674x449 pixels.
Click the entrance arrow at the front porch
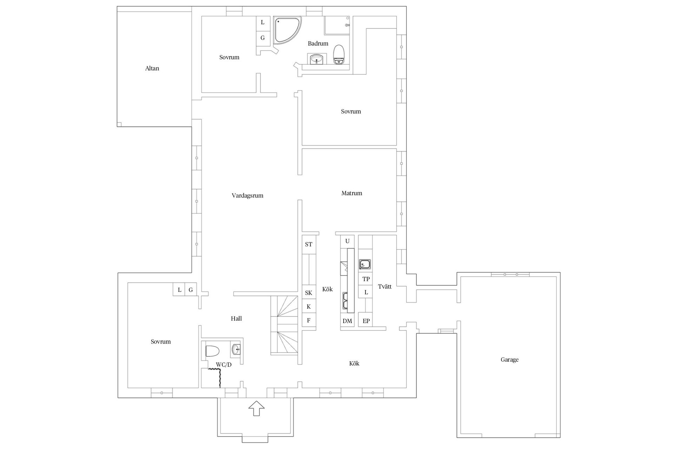click(x=256, y=408)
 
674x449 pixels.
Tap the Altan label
click(x=152, y=68)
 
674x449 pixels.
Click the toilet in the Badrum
click(x=338, y=55)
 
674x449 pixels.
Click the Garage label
click(x=509, y=360)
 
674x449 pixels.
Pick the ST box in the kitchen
click(x=309, y=244)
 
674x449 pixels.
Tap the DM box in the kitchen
click(x=347, y=321)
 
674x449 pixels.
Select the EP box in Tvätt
click(x=366, y=321)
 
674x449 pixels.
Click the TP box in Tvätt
click(x=366, y=279)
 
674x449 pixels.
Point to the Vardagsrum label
click(x=247, y=196)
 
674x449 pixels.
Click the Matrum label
click(x=351, y=193)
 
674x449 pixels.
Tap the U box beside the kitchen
click(x=347, y=241)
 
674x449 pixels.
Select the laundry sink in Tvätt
click(x=365, y=264)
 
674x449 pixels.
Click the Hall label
click(x=236, y=319)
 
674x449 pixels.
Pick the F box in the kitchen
click(x=309, y=320)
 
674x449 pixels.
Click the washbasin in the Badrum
click(x=317, y=59)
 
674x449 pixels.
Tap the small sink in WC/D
click(x=236, y=349)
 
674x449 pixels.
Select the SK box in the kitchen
click(x=309, y=293)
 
